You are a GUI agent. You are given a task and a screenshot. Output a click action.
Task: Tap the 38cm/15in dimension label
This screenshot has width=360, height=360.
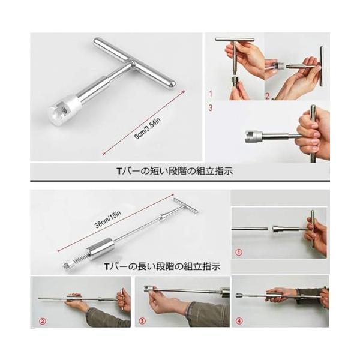click(107, 220)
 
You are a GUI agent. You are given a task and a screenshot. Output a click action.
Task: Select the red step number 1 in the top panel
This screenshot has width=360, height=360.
click(211, 94)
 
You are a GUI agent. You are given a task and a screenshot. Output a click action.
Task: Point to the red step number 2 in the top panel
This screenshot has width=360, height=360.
click(267, 96)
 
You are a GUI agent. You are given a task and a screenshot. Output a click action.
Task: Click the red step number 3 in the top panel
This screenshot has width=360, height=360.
click(211, 107)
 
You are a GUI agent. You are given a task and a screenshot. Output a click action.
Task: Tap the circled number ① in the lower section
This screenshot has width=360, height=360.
click(239, 253)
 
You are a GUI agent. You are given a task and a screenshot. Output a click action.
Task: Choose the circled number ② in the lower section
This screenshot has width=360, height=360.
click(43, 321)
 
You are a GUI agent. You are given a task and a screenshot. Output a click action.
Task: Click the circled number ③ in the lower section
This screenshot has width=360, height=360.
click(142, 320)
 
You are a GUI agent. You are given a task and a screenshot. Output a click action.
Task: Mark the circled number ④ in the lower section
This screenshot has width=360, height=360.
click(239, 321)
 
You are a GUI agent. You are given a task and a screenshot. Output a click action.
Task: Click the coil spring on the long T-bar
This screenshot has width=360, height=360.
click(80, 259)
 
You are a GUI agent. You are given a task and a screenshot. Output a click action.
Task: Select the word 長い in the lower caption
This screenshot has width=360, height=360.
click(145, 266)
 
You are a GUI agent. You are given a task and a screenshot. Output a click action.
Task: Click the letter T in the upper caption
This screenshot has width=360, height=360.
click(119, 171)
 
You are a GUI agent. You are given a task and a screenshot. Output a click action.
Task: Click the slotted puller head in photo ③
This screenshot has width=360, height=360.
click(149, 289)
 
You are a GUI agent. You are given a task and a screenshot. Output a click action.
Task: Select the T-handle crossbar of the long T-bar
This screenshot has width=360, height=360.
click(185, 205)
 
